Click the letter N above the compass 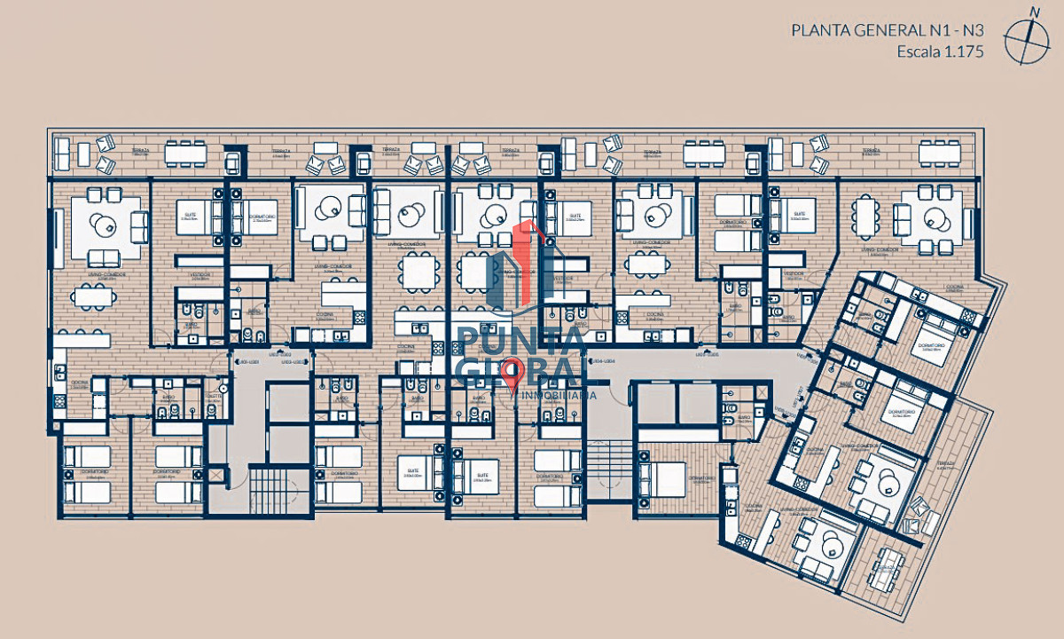coord(1034,11)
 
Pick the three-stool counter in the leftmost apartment coord(82,340)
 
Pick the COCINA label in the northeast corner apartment coord(953,287)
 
